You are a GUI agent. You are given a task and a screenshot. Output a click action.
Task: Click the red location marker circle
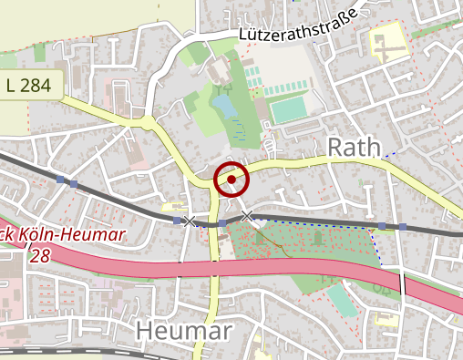tap(231, 180)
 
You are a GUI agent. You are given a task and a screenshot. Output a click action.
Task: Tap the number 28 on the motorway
tap(39, 257)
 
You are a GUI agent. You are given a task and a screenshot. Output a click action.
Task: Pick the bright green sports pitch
tap(289, 110)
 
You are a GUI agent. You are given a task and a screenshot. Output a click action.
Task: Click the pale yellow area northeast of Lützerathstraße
tap(388, 42)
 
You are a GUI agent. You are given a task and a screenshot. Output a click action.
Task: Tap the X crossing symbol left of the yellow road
tap(189, 221)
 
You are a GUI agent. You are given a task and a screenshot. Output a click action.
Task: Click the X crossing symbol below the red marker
tap(247, 215)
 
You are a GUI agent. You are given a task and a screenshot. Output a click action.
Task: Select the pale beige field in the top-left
tap(73, 23)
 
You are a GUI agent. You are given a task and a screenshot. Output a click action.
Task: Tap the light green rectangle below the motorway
tap(342, 299)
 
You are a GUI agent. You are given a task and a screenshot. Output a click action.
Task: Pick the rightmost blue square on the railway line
tap(402, 226)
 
